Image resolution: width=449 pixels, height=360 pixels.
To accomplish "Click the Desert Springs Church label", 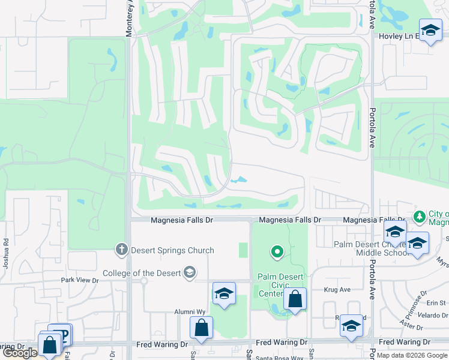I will (173, 250).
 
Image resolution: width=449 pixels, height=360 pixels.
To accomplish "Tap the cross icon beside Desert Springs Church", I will (122, 250).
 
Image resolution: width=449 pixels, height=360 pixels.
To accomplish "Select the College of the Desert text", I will (142, 273).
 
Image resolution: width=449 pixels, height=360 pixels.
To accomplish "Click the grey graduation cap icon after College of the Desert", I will (190, 273).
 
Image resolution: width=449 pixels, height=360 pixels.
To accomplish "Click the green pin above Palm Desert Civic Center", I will (277, 252).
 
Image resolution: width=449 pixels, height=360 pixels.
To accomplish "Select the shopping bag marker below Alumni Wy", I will (202, 328).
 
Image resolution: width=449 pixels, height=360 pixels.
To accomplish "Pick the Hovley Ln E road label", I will (397, 37).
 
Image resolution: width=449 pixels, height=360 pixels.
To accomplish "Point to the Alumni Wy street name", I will (190, 312).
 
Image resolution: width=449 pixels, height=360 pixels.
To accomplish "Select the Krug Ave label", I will (337, 289).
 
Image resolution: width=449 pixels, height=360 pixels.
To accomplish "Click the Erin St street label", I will (437, 303).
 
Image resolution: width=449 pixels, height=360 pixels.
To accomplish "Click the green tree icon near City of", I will (420, 215).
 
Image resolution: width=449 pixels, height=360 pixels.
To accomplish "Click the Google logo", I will (20, 353).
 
